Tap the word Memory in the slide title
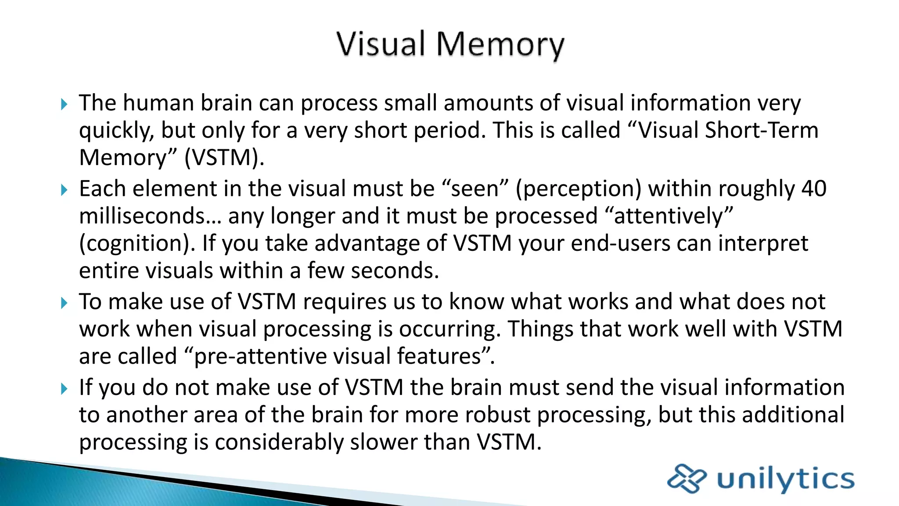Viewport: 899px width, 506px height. [500, 45]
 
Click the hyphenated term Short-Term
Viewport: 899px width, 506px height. [762, 130]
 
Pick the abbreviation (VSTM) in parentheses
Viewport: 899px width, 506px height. [224, 158]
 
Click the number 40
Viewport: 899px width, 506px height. [814, 188]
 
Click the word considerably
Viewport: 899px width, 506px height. [279, 442]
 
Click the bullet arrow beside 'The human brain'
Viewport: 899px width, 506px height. [65, 105]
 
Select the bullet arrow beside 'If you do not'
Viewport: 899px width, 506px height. [65, 389]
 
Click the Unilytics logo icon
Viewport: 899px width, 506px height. [687, 478]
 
